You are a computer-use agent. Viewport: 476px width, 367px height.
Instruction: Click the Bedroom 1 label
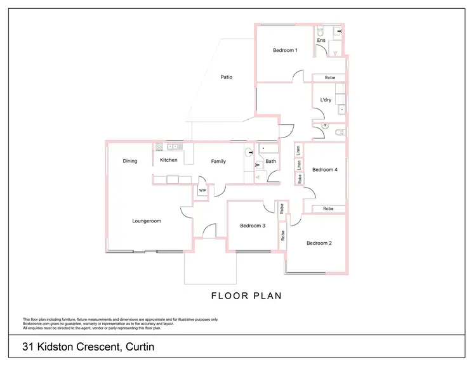(x=285, y=50)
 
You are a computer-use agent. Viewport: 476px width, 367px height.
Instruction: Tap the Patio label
(x=227, y=77)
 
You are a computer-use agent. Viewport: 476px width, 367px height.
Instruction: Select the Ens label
(x=321, y=41)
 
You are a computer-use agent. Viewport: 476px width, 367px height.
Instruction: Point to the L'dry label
(x=326, y=100)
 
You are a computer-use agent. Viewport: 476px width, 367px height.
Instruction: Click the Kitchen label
(x=169, y=160)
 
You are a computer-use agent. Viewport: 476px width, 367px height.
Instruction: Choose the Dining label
(x=130, y=161)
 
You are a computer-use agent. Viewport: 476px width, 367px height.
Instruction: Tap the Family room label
(x=218, y=162)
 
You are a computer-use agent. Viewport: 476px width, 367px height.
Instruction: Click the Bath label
(x=271, y=162)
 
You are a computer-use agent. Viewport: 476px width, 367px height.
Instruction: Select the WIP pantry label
(x=202, y=190)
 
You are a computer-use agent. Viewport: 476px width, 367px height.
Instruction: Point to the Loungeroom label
(x=147, y=221)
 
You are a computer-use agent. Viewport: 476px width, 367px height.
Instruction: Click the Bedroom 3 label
(x=253, y=226)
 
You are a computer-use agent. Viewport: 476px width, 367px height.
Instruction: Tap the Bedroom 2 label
(x=319, y=243)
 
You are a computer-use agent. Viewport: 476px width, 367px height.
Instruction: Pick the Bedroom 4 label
(x=325, y=169)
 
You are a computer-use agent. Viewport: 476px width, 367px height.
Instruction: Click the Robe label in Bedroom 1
(x=330, y=77)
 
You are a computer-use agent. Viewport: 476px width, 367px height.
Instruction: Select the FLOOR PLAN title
(x=246, y=296)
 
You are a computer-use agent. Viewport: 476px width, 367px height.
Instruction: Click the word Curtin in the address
(x=140, y=347)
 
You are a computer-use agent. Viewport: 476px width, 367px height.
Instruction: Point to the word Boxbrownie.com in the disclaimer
(x=37, y=324)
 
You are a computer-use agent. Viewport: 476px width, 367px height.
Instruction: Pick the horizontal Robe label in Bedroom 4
(x=328, y=209)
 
